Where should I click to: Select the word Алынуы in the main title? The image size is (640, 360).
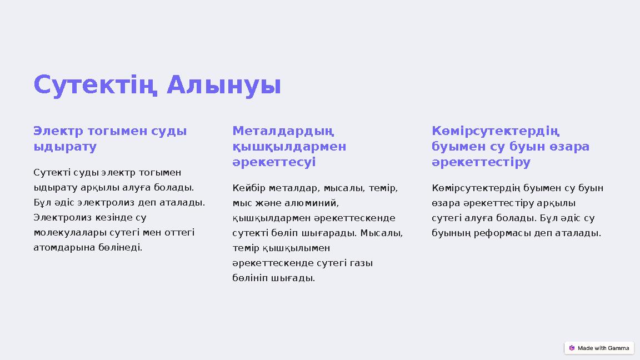click(x=223, y=86)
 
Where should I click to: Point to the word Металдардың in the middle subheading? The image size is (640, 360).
click(x=283, y=132)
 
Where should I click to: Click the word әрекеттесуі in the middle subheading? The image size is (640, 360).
click(x=274, y=162)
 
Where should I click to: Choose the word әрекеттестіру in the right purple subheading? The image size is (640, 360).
click(x=481, y=162)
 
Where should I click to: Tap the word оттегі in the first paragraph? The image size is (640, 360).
click(x=178, y=232)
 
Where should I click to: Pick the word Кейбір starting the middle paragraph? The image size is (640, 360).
click(x=248, y=188)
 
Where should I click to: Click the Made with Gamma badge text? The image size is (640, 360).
click(x=603, y=348)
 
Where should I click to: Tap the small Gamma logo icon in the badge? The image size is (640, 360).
click(x=572, y=348)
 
